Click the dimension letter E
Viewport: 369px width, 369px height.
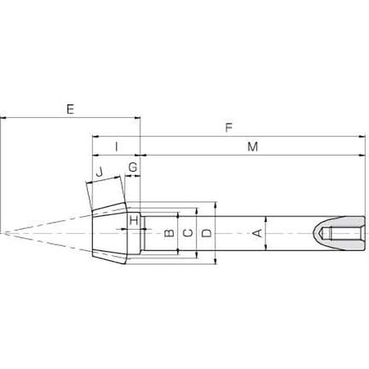pos(70,109)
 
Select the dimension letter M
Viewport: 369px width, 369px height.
pos(252,147)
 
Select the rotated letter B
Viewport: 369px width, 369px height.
pos(169,233)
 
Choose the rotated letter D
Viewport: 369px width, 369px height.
pos(208,233)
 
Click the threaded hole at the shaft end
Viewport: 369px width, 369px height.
pos(344,233)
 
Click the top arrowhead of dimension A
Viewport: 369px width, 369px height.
pos(266,218)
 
